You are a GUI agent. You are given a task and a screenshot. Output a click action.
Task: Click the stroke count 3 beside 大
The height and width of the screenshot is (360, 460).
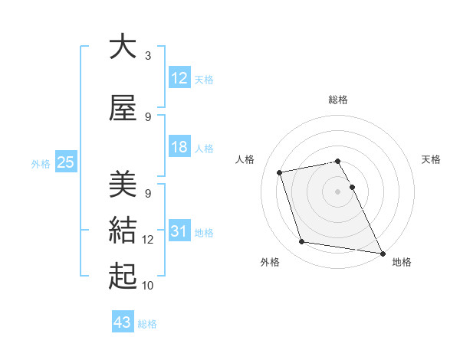click(148, 56)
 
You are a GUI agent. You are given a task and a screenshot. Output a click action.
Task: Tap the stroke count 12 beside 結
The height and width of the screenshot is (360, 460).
click(148, 240)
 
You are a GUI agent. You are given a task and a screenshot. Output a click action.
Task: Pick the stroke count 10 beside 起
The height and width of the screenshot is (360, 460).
click(148, 286)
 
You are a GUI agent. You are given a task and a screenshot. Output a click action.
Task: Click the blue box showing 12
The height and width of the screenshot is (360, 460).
click(179, 77)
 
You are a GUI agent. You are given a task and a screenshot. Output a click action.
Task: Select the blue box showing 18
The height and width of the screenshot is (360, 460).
click(179, 147)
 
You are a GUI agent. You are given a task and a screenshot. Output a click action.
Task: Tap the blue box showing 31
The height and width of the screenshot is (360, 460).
click(179, 231)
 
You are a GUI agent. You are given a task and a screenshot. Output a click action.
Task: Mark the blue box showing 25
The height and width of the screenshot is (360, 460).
click(65, 162)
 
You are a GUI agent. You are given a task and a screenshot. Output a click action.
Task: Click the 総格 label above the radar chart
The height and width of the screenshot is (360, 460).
click(338, 100)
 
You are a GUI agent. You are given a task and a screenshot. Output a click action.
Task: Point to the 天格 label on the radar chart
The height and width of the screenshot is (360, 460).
click(432, 159)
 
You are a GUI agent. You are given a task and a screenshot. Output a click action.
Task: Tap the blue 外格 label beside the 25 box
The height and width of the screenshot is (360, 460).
click(40, 163)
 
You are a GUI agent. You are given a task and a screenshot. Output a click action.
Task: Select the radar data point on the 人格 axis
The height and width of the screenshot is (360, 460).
click(280, 172)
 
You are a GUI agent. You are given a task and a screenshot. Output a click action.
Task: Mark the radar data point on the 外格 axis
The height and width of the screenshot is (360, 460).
click(302, 242)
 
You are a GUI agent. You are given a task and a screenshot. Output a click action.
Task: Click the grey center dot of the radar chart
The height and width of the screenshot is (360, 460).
click(338, 191)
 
